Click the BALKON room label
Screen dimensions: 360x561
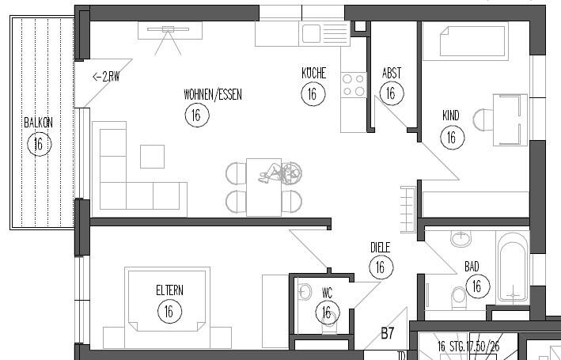[x=37, y=123]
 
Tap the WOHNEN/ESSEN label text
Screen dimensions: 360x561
[x=212, y=94]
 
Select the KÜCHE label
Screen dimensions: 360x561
[x=313, y=74]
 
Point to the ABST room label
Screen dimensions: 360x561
[x=391, y=74]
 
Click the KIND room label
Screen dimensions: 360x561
[x=450, y=116]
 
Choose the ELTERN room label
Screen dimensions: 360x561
[x=169, y=290]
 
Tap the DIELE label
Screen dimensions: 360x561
[x=381, y=248]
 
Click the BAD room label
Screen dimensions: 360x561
[x=472, y=266]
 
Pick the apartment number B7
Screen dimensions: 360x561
[x=388, y=333]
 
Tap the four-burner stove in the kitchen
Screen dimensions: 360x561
[x=353, y=85]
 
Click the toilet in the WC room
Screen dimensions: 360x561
[x=306, y=292]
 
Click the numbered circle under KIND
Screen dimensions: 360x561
[x=451, y=137]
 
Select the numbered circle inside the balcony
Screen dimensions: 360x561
[x=37, y=143]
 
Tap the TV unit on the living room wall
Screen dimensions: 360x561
[x=169, y=30]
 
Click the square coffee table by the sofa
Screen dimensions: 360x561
[x=152, y=156]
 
